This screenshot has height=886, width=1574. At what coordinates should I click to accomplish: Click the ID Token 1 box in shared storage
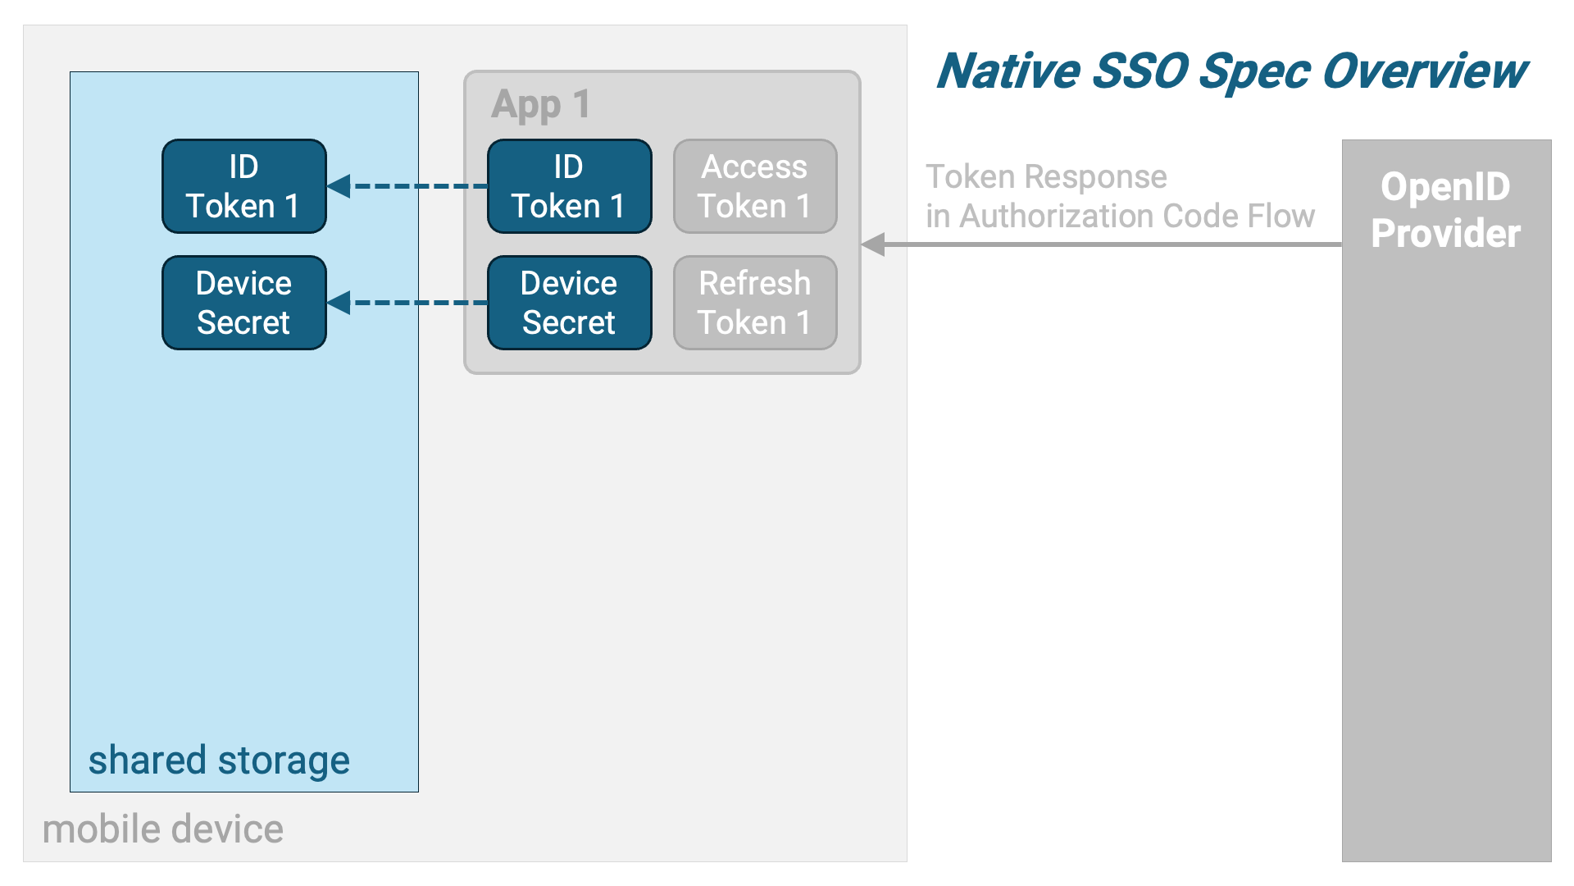coord(244,186)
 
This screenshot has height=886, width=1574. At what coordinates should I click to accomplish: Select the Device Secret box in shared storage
coord(244,303)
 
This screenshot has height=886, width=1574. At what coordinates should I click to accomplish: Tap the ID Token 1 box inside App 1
coord(570,186)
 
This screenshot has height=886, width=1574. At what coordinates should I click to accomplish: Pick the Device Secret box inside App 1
coord(570,303)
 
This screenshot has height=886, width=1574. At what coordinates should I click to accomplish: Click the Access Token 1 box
coord(755,186)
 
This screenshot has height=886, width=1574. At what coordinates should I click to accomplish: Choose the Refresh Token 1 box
coord(755,303)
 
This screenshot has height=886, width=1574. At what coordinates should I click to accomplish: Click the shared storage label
coord(219,760)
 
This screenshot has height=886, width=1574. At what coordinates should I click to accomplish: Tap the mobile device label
coord(163,829)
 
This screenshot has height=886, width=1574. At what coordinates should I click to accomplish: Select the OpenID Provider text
coord(1446,210)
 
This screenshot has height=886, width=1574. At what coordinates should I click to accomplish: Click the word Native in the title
coord(1008,71)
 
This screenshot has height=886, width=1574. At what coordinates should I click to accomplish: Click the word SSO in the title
coord(1140,71)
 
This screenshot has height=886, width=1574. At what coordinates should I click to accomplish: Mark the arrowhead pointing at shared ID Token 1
coord(339,186)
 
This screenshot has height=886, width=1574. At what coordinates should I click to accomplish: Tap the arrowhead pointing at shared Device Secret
coord(339,303)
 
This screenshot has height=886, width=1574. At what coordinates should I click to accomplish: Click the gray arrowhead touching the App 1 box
coord(873,244)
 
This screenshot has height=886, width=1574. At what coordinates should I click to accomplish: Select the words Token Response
coord(1046,176)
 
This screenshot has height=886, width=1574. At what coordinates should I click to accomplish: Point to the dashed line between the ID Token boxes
coord(419,186)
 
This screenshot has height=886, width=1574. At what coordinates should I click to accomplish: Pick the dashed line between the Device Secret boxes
coord(419,303)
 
